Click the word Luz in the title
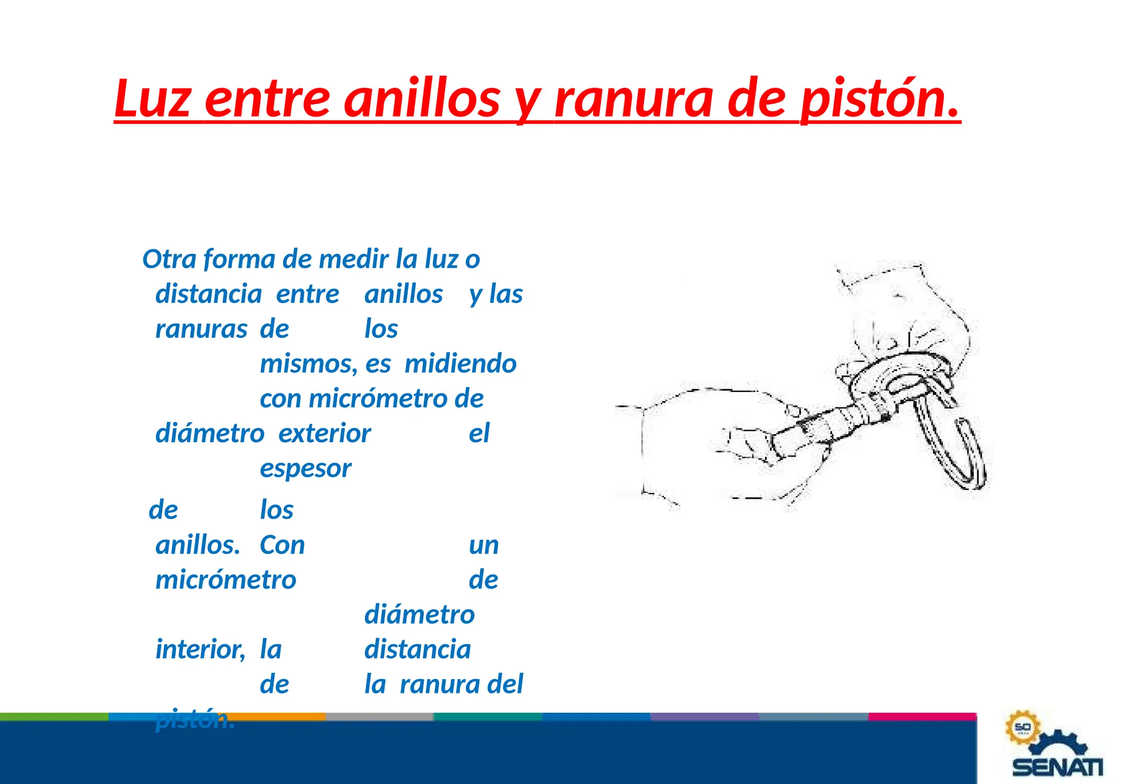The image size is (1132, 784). click(153, 98)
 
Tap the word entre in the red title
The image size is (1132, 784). click(268, 98)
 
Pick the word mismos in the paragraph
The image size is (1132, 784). click(308, 364)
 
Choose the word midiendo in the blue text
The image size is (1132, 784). click(460, 364)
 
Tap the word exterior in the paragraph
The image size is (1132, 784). click(324, 433)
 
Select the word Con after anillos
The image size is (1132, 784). click(282, 545)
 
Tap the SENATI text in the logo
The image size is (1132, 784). click(1057, 767)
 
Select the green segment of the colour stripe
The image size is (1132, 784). click(54, 717)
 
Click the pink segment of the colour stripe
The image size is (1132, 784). click(922, 717)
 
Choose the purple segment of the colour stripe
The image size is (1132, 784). click(705, 717)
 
